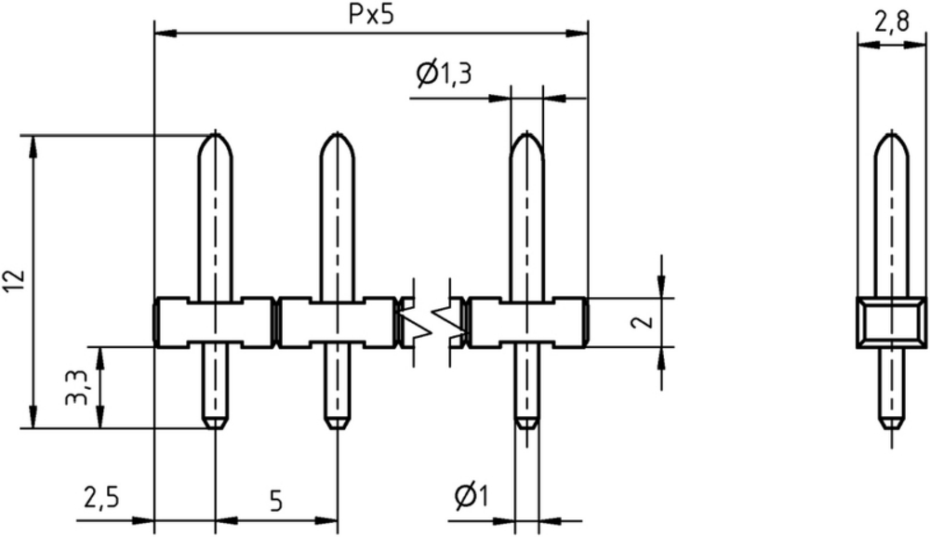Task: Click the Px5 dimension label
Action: [x=371, y=16]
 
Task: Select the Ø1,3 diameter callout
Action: [x=445, y=74]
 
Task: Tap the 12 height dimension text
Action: [x=15, y=281]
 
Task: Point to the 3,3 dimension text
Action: [x=77, y=387]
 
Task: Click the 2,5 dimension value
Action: [x=101, y=497]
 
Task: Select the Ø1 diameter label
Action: [x=472, y=496]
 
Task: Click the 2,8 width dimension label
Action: [x=892, y=22]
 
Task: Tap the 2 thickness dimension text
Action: [x=643, y=322]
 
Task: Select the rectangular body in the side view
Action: [x=892, y=323]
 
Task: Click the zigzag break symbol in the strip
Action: [x=432, y=322]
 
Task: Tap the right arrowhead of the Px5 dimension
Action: [x=577, y=33]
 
